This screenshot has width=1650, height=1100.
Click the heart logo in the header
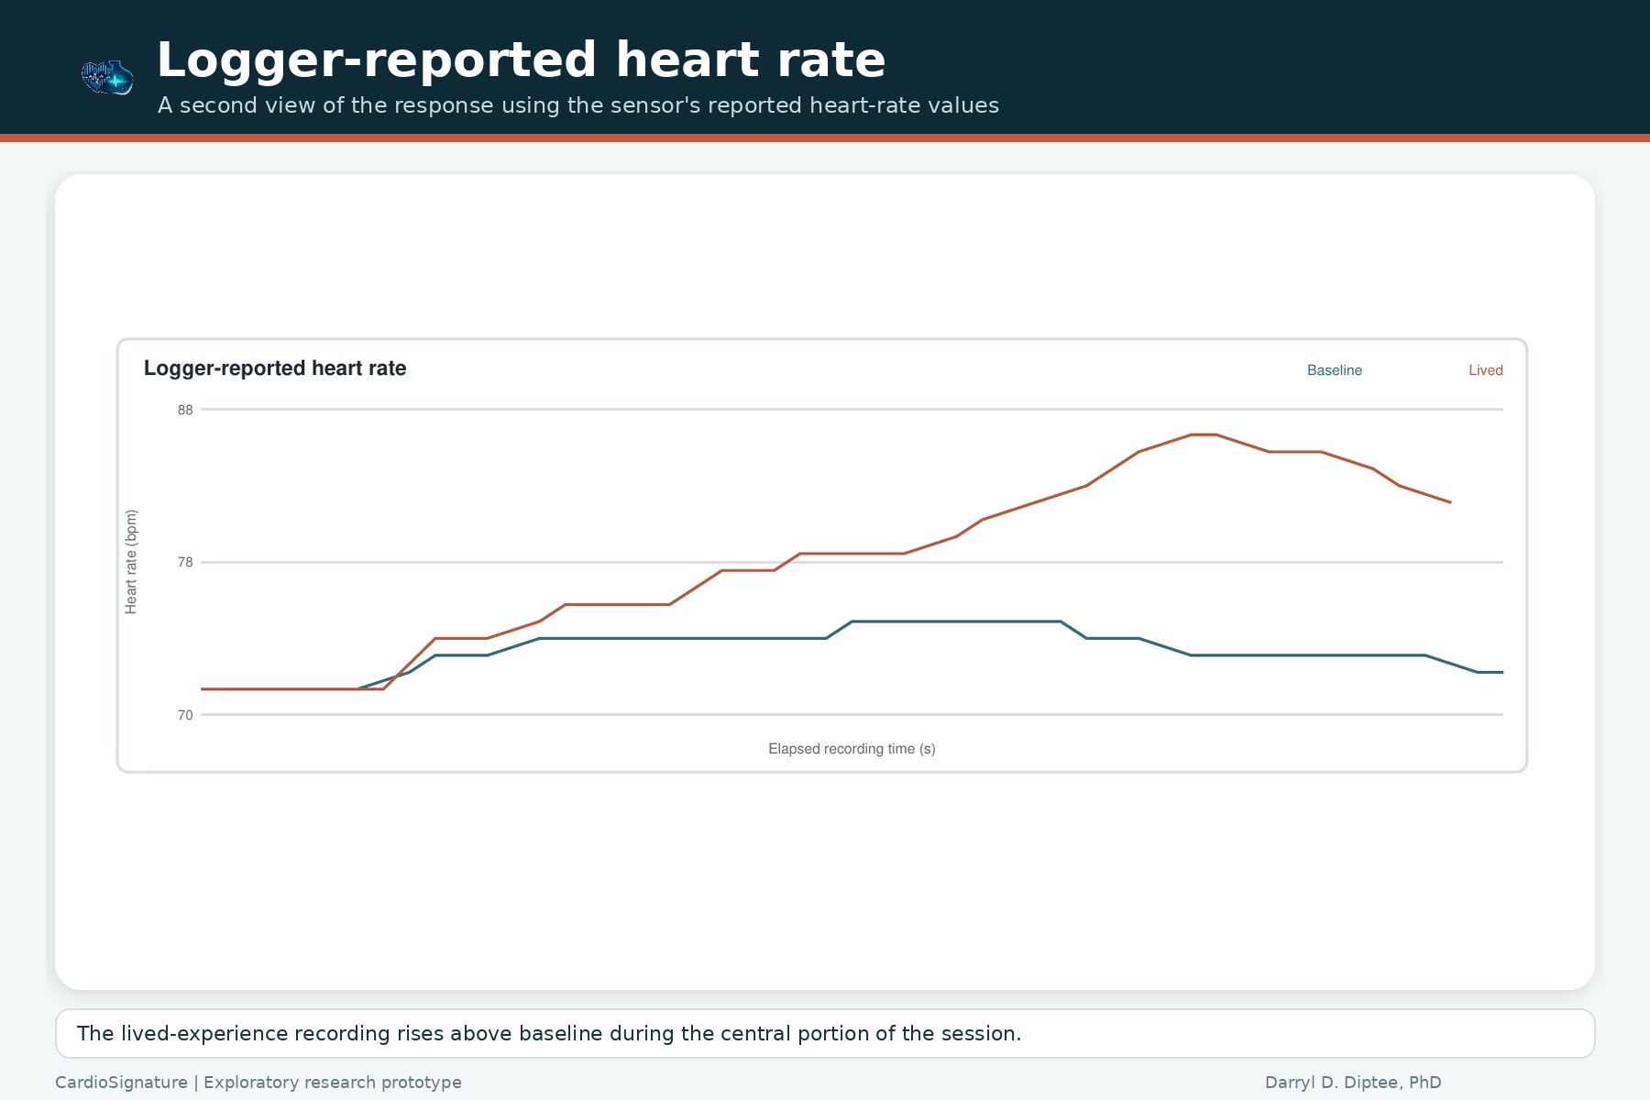point(107,78)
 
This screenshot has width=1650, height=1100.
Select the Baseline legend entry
point(1334,370)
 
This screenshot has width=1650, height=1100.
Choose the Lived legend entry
point(1485,370)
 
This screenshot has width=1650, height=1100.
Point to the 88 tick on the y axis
point(185,410)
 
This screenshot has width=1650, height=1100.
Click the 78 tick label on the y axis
point(185,562)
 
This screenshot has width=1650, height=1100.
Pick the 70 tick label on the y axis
point(185,715)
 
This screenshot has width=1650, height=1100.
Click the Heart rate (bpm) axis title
point(131,562)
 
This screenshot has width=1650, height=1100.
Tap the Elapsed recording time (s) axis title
point(852,749)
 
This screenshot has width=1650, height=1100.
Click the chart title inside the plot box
point(275,368)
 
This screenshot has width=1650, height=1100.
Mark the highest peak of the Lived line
point(1203,434)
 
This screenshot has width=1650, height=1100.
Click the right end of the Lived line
point(1450,502)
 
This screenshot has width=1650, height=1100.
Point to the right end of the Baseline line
point(1502,673)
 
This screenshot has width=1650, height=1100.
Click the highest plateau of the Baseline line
point(956,621)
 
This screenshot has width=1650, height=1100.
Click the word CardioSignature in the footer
point(121,1083)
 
